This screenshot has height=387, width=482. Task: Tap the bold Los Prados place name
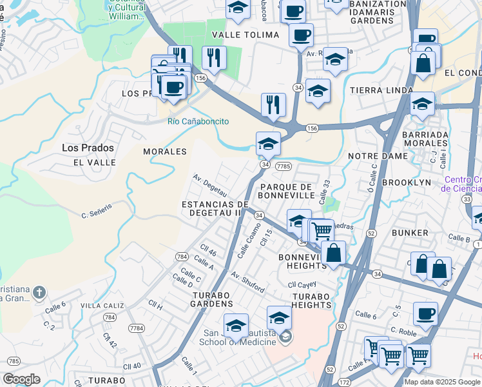[x=88, y=148]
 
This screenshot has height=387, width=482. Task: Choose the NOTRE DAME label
[x=378, y=156]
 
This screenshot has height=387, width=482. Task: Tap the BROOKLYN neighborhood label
[x=406, y=183]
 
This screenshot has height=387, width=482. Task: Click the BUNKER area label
[x=414, y=232]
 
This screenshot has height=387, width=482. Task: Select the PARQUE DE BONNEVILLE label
[x=285, y=192]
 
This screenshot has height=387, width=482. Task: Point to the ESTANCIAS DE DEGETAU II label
[x=215, y=208]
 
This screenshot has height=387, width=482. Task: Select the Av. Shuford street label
[x=247, y=282]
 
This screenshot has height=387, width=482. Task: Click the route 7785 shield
[x=284, y=166]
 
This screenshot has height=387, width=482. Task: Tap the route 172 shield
[x=343, y=382]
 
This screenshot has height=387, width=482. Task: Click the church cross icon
[x=39, y=292]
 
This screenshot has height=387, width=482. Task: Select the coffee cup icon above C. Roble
[x=425, y=314]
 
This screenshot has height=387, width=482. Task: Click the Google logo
[x=21, y=379]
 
